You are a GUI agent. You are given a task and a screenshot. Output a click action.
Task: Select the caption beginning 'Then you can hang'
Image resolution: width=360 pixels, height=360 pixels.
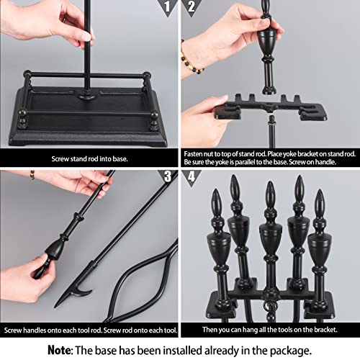269,329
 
